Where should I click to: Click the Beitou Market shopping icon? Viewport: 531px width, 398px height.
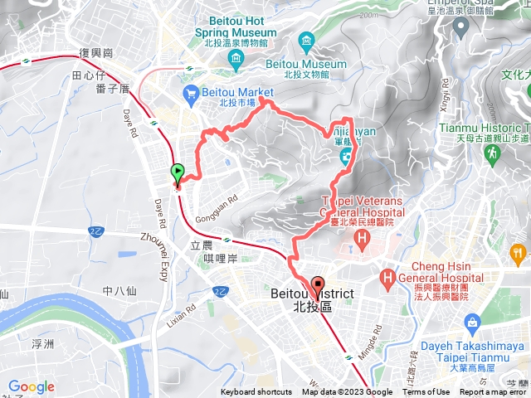pos(192,93)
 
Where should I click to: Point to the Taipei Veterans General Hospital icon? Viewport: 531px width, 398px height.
pos(362,240)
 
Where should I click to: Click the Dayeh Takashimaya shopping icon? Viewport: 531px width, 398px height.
pos(473,321)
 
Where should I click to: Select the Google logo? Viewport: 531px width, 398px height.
pos(32,386)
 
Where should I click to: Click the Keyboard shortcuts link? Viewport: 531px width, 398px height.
pos(256,392)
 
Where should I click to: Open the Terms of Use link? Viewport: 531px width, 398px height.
pos(426,392)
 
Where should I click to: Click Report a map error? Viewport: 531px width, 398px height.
pos(492,392)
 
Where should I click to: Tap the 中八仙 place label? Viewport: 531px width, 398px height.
pos(119,290)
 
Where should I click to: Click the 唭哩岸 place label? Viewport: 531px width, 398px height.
pos(221,260)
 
